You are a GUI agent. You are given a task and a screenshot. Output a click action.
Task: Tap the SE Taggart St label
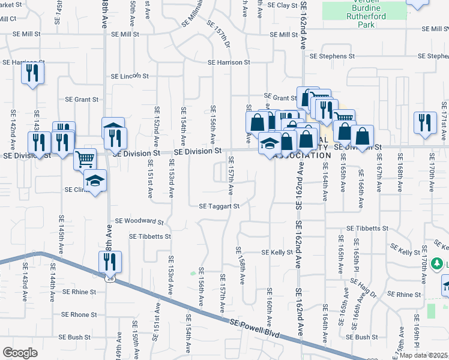[x=220, y=206]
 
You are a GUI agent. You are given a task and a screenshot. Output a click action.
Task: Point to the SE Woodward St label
[x=139, y=221]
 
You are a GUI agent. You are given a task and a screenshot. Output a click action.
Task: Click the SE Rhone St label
[x=79, y=314]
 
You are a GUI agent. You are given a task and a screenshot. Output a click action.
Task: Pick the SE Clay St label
[x=283, y=5]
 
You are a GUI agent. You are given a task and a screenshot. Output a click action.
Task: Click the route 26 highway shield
[x=109, y=278]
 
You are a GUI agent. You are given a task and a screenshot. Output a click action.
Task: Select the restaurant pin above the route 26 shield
[x=110, y=262]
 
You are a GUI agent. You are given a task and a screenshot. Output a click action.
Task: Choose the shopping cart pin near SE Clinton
[x=85, y=159]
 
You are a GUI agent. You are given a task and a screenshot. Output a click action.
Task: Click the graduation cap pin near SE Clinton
[x=95, y=181]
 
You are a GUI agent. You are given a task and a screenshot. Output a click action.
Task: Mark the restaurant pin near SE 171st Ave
[x=426, y=122]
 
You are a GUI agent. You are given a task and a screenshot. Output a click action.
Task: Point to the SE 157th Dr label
[x=220, y=37]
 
